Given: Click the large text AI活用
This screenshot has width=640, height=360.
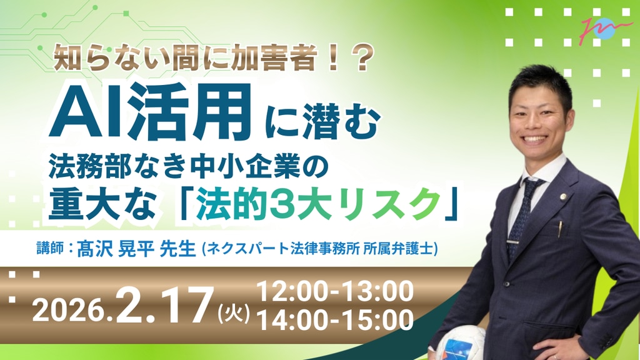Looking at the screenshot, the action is pos(149,112).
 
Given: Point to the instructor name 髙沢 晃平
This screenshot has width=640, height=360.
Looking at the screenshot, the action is pos(116,249).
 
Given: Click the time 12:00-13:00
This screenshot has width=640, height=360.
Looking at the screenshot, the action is pos(335,291).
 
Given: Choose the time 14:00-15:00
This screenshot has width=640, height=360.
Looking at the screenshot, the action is pos(335,319).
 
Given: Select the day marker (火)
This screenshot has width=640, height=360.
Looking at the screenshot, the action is pos(234,315).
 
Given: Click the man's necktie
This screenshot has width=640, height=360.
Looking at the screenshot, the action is pos(523,216).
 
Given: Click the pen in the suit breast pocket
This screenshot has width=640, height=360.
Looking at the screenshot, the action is pos(561,229).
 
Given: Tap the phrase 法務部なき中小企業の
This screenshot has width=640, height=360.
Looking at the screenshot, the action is pos(188,166).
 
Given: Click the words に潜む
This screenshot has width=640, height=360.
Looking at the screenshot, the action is pos(323,122).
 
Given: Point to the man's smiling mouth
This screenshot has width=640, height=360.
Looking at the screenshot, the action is pos(534,138).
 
